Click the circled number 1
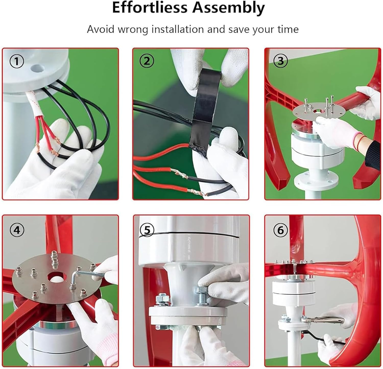point(17,61)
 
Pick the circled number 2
point(147,61)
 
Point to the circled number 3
point(280,61)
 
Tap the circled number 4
point(17,230)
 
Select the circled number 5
point(147,230)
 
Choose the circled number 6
point(280,230)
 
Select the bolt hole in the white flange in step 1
point(38,68)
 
